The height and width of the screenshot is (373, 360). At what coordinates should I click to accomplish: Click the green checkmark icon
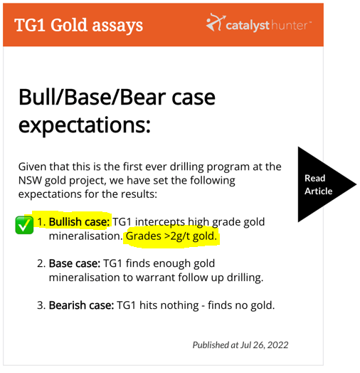point(24,225)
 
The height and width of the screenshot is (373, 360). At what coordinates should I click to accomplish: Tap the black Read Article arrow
point(320,184)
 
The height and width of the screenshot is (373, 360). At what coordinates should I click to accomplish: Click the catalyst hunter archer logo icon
point(216,22)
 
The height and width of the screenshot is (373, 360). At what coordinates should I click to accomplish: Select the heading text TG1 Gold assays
point(78,25)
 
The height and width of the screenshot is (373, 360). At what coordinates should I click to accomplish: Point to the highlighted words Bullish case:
point(79,221)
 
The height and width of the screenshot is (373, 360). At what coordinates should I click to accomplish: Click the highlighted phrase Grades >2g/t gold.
point(171,236)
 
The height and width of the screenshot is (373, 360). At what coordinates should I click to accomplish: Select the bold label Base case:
point(75,263)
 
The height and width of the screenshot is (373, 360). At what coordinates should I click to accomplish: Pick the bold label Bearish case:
point(81,305)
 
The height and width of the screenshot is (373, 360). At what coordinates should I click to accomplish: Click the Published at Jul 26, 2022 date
point(240,345)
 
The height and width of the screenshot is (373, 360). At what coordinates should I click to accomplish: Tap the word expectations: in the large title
point(85,125)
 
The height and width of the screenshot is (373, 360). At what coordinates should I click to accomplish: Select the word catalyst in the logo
point(248,26)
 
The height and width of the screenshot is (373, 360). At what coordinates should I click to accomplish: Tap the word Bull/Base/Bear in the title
point(92,98)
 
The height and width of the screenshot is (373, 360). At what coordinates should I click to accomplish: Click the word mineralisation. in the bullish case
point(85,236)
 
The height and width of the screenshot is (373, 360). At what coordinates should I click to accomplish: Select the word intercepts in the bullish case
point(160,222)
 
